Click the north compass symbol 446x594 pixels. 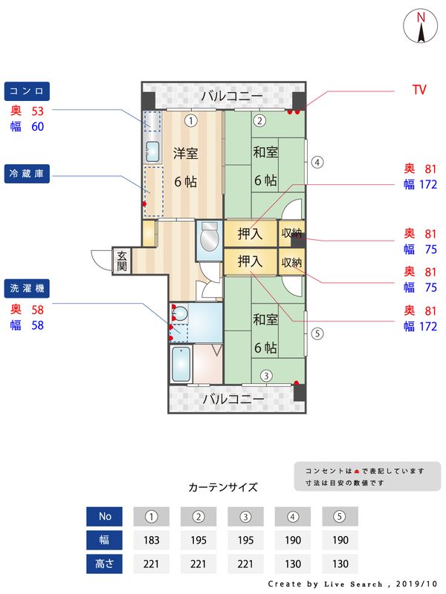(421, 27)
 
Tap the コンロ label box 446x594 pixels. (27, 91)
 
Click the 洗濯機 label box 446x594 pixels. (27, 287)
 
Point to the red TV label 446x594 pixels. (419, 89)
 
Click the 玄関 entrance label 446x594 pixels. (122, 261)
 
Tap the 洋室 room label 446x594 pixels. (185, 154)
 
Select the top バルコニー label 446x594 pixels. (231, 97)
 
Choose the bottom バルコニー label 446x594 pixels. (233, 399)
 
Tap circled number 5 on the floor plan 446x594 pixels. (317, 333)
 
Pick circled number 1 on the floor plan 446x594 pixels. (191, 120)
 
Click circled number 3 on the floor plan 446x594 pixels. (266, 376)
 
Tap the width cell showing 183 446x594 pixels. (151, 540)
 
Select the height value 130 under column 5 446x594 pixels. (340, 564)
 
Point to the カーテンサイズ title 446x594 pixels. (223, 488)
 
